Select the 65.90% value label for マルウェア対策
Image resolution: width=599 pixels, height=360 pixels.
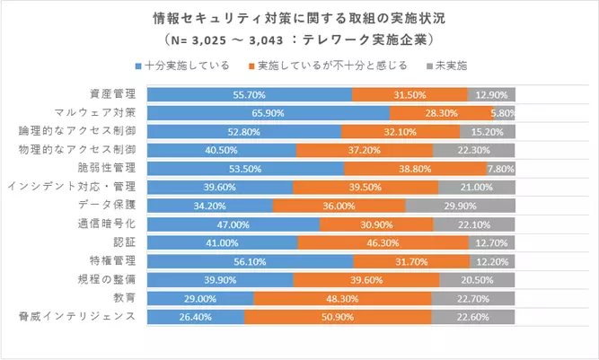click(x=269, y=113)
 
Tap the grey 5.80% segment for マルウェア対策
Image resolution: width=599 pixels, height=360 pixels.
click(x=504, y=113)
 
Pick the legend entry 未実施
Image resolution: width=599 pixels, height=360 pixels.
click(x=447, y=66)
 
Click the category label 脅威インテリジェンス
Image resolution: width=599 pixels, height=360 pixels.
click(x=78, y=316)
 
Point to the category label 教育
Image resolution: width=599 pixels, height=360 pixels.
click(x=125, y=298)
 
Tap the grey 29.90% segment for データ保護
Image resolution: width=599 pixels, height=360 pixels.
click(x=460, y=206)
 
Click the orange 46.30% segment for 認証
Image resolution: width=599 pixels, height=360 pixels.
click(x=383, y=242)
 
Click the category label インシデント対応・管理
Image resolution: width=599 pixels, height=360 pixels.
click(x=72, y=187)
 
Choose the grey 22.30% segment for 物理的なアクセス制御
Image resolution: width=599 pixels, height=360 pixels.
click(x=474, y=150)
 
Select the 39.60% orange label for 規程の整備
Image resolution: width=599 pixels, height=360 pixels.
click(x=366, y=280)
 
